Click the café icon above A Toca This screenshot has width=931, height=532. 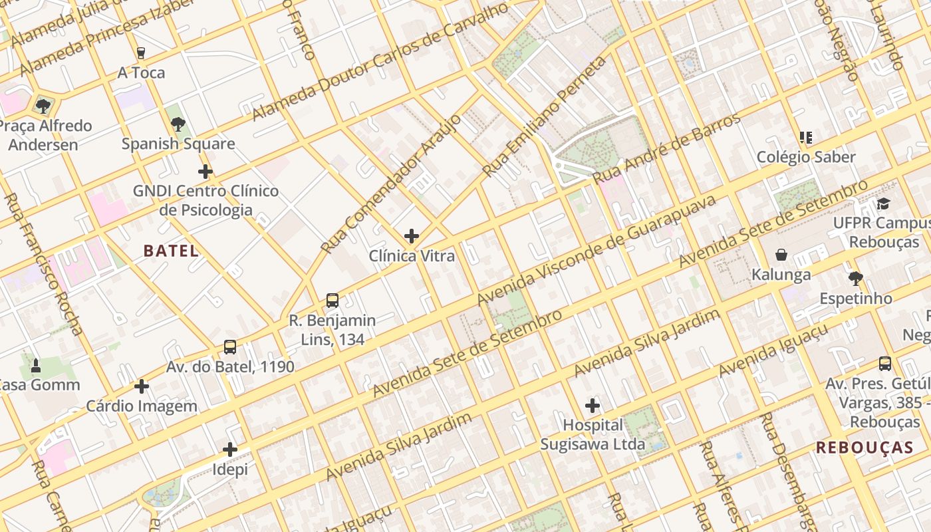click(x=140, y=53)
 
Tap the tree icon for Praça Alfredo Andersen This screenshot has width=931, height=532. click(x=43, y=106)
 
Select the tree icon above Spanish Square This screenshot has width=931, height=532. click(x=178, y=124)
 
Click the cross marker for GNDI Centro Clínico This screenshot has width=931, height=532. click(x=205, y=172)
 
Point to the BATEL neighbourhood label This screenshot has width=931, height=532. click(x=171, y=251)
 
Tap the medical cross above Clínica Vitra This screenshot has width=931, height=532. click(x=412, y=235)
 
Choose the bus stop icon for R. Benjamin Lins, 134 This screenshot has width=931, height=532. click(x=332, y=300)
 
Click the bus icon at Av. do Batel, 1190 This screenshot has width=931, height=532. click(x=230, y=346)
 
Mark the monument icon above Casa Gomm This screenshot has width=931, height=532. click(x=36, y=365)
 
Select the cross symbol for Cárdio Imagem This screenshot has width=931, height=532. click(x=142, y=386)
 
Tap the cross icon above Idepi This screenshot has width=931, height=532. click(x=230, y=450)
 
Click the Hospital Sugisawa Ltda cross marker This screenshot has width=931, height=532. click(x=593, y=405)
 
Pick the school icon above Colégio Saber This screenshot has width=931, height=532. click(x=806, y=138)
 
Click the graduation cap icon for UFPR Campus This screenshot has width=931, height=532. click(x=883, y=203)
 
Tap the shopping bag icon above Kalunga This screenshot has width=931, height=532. click(x=781, y=255)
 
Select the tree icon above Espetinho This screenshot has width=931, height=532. click(x=856, y=279)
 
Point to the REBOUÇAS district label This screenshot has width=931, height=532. click(x=864, y=448)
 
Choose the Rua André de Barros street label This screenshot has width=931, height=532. click(x=666, y=149)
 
